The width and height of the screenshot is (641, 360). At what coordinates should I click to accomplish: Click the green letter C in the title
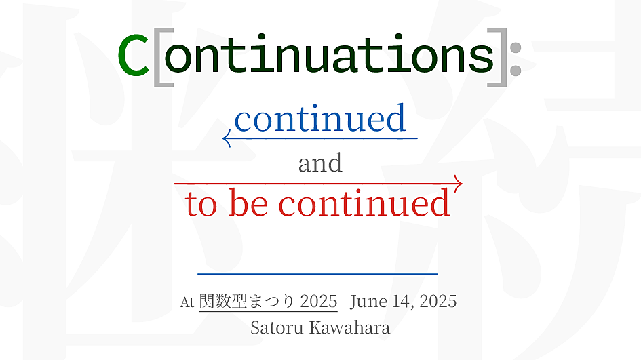coord(133,55)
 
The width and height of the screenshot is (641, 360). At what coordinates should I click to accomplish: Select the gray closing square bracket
coord(501,57)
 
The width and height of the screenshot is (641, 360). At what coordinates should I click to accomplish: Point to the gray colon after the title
coord(516,59)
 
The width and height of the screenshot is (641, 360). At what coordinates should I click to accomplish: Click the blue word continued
coord(320,118)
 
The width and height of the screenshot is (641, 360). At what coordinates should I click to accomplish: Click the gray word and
coord(320,163)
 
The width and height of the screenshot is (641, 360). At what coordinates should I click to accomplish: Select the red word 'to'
coord(201,203)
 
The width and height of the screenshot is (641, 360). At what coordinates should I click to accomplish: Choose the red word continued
coord(365,202)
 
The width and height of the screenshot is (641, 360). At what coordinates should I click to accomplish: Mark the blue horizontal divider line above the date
coord(317,274)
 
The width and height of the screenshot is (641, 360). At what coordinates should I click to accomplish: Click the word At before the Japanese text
coord(187,302)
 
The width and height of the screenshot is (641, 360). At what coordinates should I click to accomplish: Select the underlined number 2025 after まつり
coord(319,302)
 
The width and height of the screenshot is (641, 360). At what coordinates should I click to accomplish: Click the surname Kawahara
coord(350,327)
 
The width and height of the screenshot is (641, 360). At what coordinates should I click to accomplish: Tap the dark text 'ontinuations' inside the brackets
coord(329,55)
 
